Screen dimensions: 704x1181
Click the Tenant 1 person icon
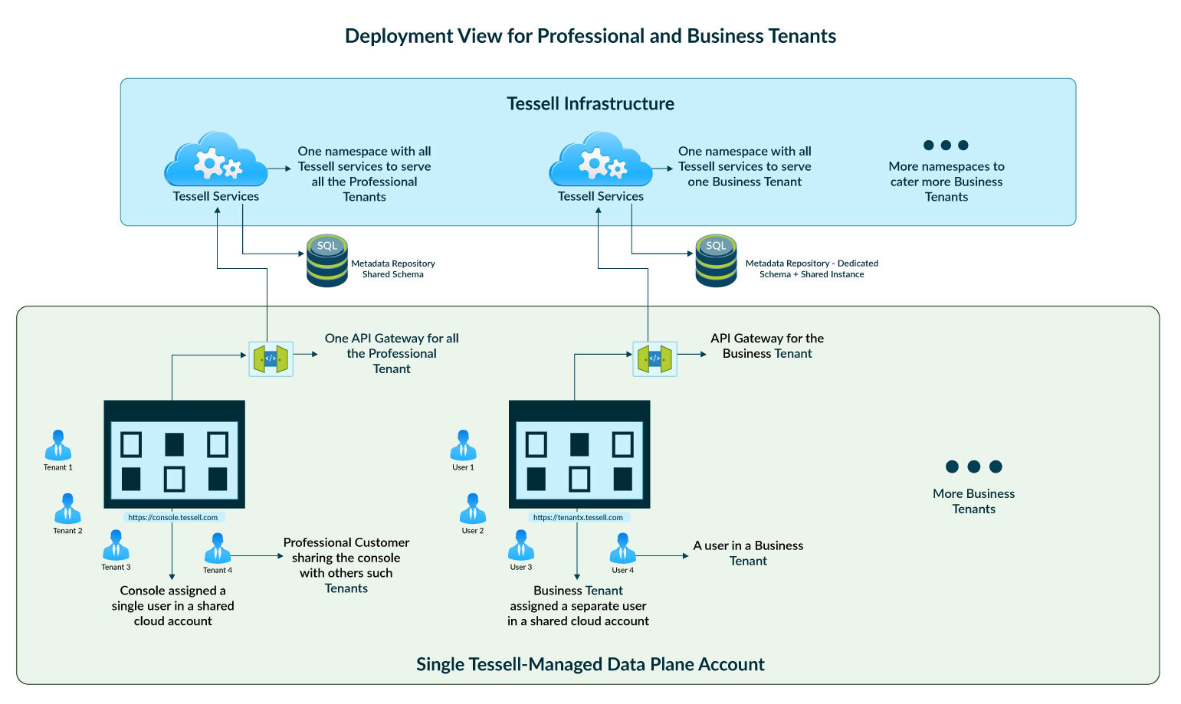[58, 446]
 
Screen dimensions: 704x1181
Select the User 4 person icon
[622, 548]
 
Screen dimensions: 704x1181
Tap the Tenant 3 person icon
[116, 545]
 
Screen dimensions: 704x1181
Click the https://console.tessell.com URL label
[173, 518]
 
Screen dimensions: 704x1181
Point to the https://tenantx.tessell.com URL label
[578, 518]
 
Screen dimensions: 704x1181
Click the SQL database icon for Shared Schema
[327, 261]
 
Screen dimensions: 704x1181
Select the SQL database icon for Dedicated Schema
[716, 261]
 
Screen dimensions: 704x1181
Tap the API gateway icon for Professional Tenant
[271, 359]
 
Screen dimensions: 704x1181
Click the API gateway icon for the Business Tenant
[654, 359]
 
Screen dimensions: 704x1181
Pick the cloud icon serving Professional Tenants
[215, 161]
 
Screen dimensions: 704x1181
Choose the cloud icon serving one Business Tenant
[600, 161]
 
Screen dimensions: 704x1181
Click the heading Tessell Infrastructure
[590, 103]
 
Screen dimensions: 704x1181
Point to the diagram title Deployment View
[590, 36]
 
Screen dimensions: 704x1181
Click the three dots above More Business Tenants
[973, 467]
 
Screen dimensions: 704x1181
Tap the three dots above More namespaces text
[946, 145]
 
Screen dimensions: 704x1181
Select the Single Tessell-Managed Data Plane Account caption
[590, 664]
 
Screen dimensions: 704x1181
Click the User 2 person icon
[472, 509]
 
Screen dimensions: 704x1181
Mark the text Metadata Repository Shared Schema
[393, 269]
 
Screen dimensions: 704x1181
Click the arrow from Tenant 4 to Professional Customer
[257, 556]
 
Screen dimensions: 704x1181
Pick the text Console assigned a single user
[173, 605]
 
